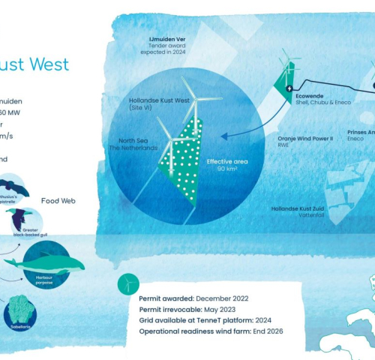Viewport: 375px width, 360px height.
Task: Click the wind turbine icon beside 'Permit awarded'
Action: [128, 283]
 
